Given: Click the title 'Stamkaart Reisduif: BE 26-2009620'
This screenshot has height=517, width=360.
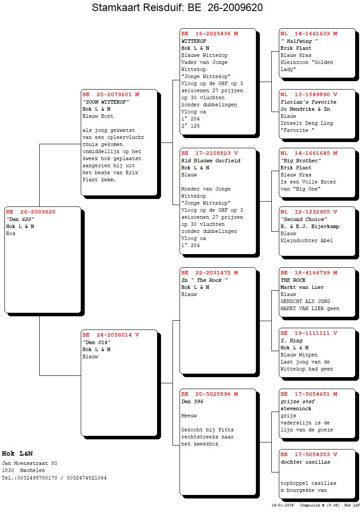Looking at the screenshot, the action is pyautogui.click(x=177, y=7).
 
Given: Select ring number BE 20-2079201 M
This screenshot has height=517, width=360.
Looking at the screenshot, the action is pyautogui.click(x=111, y=94).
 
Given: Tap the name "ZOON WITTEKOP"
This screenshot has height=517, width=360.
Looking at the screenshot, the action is pyautogui.click(x=105, y=102).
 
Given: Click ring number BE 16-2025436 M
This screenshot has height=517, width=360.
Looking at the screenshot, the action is pyautogui.click(x=210, y=34).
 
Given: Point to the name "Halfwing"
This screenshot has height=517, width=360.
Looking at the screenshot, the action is pyautogui.click(x=299, y=41).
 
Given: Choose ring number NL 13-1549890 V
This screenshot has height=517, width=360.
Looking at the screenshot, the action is pyautogui.click(x=309, y=94).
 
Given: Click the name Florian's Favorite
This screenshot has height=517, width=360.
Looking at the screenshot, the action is pyautogui.click(x=308, y=102).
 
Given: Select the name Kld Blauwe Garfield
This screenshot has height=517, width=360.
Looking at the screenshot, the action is pyautogui.click(x=210, y=161).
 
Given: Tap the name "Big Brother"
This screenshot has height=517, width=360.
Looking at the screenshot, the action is pyautogui.click(x=300, y=161).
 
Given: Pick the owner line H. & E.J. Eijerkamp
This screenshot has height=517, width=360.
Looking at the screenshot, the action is pyautogui.click(x=310, y=226).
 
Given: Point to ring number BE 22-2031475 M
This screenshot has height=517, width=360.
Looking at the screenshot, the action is pyautogui.click(x=210, y=273).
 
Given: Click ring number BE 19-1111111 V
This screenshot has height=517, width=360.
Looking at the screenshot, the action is pyautogui.click(x=309, y=333).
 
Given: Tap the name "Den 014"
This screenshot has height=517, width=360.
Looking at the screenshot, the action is pyautogui.click(x=97, y=342).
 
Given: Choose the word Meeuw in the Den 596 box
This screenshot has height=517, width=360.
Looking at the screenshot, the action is pyautogui.click(x=189, y=416).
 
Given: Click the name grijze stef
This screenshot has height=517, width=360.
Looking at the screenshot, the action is pyautogui.click(x=297, y=401).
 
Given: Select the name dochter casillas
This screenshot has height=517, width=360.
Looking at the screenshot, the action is pyautogui.click(x=305, y=461).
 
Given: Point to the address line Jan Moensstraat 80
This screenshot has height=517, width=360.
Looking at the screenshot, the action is pyautogui.click(x=30, y=463).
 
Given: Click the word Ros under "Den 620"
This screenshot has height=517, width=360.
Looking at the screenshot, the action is pyautogui.click(x=11, y=233).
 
